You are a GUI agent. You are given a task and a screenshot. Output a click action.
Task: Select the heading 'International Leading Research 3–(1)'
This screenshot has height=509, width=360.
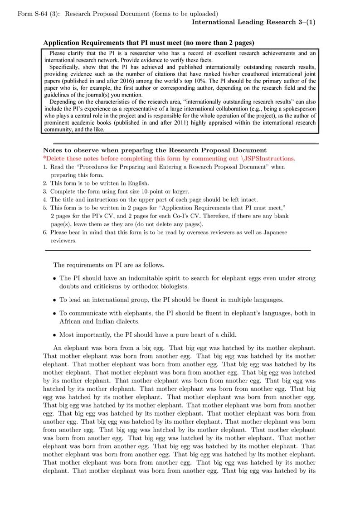(253, 22)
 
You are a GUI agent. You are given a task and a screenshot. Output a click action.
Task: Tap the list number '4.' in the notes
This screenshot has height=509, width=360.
(45, 199)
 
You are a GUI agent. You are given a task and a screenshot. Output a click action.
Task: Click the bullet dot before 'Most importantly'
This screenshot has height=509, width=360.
(54, 335)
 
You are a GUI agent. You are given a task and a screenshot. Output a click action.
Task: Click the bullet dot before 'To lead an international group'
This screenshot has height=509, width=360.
(54, 300)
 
